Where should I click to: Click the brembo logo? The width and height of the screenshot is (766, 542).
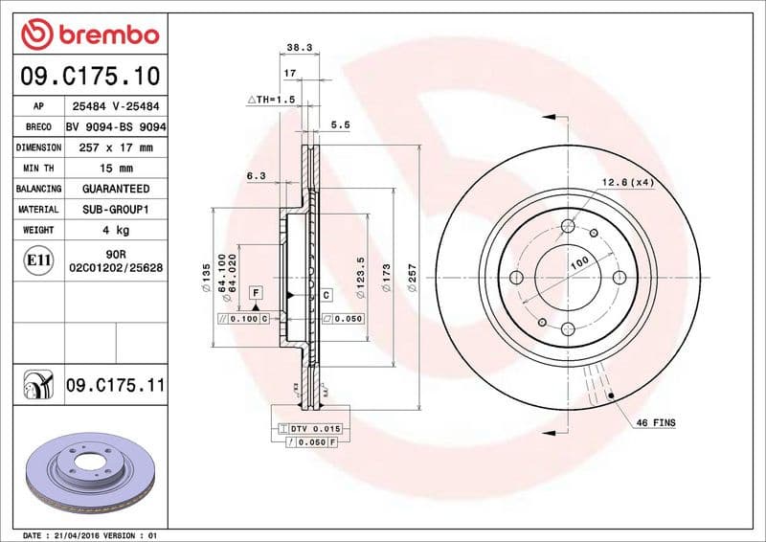[x=89, y=34]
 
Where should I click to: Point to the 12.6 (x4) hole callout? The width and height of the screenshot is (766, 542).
[x=627, y=182]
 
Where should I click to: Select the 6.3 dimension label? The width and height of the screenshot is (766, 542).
[x=255, y=176]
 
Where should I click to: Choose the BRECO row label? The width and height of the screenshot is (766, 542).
[x=39, y=127]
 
